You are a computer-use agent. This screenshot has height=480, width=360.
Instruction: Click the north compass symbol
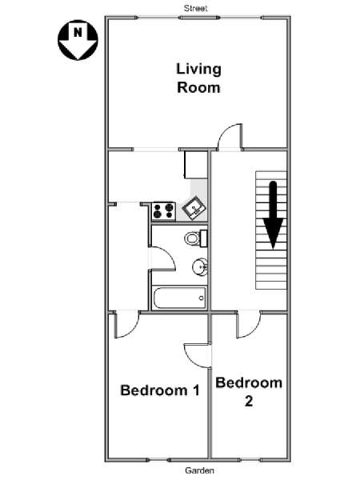pos(78,40)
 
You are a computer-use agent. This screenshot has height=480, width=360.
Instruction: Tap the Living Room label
pos(198,78)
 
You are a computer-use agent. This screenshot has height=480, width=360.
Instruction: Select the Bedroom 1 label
pos(160,390)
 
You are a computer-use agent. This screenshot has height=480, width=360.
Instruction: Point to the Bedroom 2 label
pos(249,392)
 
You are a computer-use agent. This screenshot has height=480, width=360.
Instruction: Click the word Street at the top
pos(196,8)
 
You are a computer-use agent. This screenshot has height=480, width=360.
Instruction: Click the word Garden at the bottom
pos(199,470)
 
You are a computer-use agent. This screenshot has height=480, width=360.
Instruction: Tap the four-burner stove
pos(164,210)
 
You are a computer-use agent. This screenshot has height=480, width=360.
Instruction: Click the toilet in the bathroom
pos(196,238)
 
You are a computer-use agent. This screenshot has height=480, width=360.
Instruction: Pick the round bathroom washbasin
pos(200,267)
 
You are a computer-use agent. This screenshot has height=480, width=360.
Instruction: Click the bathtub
pos(180,298)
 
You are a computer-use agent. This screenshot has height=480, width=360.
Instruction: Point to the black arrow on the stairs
pos(273,214)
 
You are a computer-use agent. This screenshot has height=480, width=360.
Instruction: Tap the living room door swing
pos(230,137)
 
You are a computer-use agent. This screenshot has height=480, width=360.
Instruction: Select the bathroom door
pos(162,258)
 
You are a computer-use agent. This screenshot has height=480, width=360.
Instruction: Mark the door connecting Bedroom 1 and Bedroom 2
pos(198,355)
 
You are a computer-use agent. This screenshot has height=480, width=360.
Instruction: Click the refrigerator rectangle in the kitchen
pos(196,165)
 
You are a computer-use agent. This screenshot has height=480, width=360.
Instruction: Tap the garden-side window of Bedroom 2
pos(250,460)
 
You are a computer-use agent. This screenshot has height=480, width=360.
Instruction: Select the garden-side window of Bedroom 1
pos(158,460)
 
